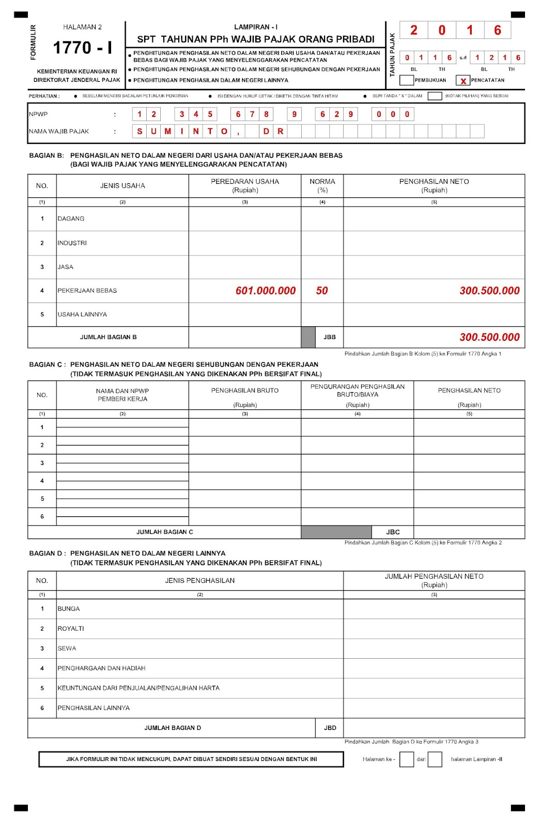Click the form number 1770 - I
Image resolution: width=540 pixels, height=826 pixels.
82,48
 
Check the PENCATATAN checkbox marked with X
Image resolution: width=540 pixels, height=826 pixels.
463,81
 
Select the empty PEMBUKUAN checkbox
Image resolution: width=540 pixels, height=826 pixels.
407,80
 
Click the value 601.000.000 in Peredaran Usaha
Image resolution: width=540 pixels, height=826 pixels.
266,291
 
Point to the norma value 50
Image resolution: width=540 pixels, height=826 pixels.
322,291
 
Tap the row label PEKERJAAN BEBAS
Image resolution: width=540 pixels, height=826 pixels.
87,291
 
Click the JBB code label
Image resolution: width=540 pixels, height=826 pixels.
330,337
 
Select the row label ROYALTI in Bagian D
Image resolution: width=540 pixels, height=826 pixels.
71,629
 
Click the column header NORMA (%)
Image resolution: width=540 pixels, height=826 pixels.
322,186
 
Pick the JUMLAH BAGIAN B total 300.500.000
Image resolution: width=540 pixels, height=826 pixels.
489,337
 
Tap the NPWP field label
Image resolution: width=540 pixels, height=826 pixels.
38,114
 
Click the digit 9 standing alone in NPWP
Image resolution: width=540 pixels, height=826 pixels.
294,114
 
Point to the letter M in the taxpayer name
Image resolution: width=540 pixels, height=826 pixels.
167,131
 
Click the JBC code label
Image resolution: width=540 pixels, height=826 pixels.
393,532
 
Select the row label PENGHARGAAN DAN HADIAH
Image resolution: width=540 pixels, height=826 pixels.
101,669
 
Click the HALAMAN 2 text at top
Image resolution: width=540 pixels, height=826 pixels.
83,27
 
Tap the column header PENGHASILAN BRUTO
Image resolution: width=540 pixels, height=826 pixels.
245,391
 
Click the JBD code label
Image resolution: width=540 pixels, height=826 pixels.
330,728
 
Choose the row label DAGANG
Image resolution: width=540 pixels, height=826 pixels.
71,219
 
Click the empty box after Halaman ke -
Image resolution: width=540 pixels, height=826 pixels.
407,759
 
